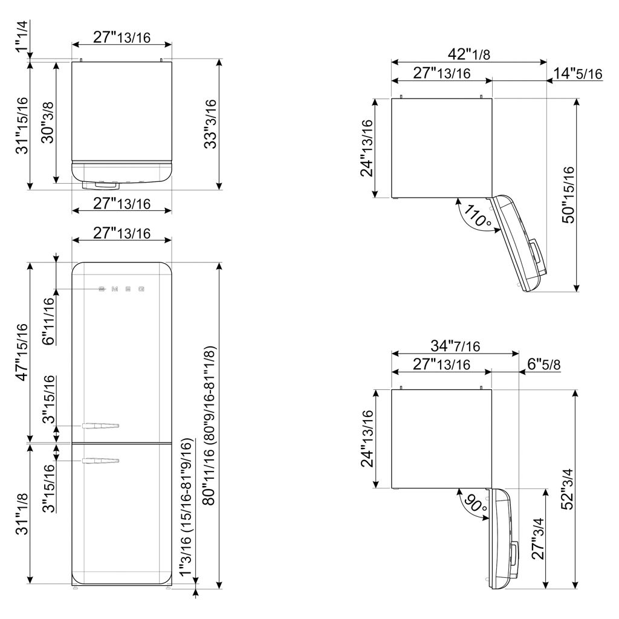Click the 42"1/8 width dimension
pos(469,53)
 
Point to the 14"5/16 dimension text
pos(578,73)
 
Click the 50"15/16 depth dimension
pos(568,195)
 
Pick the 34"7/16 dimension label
pos(455,346)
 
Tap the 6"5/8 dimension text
pos(544,364)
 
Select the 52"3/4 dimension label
pos(567,489)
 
